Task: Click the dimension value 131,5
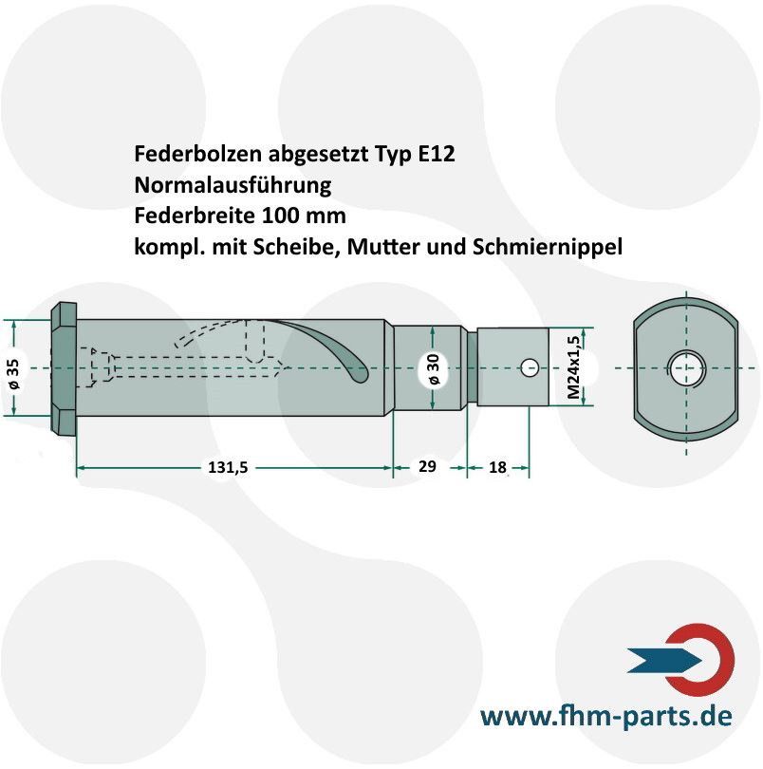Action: click(228, 467)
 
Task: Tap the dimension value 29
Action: click(427, 466)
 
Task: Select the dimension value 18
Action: click(497, 467)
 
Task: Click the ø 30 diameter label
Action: click(434, 368)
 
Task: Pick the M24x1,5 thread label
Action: click(573, 367)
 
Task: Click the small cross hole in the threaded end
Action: click(530, 367)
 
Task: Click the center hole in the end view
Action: click(685, 367)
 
